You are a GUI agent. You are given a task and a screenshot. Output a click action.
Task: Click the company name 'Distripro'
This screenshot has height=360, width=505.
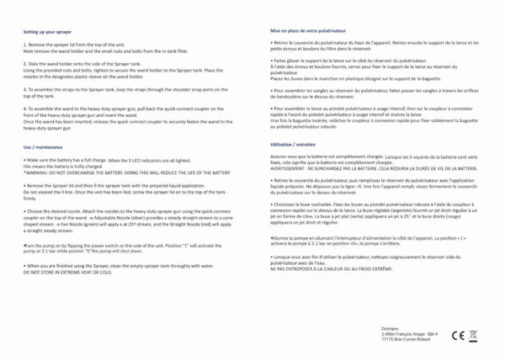[390, 327]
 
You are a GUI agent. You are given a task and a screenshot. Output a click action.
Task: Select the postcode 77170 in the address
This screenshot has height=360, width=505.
[388, 339]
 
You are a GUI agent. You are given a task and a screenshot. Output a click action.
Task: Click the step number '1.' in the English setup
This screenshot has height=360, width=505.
[25, 43]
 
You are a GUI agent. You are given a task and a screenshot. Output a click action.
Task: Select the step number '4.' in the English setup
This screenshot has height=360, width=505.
[25, 109]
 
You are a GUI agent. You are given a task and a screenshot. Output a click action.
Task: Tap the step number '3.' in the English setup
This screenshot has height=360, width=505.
[25, 88]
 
